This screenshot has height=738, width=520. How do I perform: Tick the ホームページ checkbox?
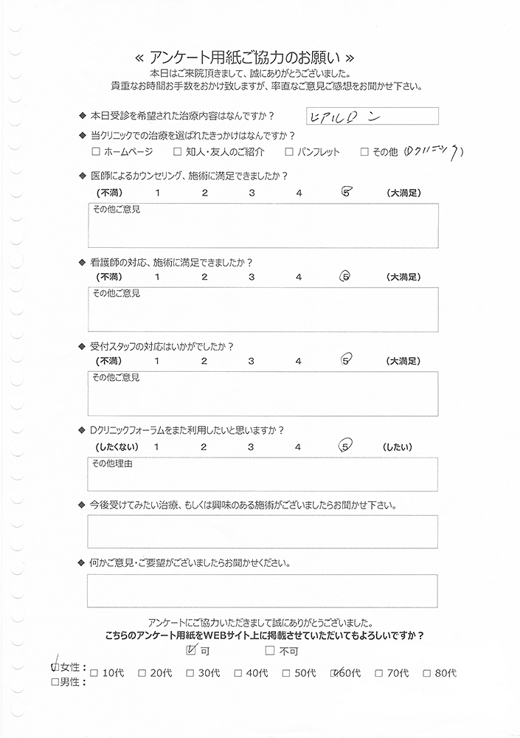tap(96, 153)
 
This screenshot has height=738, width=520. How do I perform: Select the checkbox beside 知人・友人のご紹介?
tap(178, 153)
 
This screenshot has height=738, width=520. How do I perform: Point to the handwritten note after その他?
tap(434, 151)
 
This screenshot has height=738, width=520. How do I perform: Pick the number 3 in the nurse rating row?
tap(252, 277)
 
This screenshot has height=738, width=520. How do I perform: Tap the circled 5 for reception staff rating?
tap(345, 361)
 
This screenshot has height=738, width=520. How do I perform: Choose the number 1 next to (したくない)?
tap(156, 447)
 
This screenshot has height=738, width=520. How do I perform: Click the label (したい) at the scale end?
tap(398, 447)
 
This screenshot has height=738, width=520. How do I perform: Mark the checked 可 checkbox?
tap(193, 650)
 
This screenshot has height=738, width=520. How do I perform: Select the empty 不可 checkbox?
tap(270, 651)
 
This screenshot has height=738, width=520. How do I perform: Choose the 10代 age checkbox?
tap(94, 673)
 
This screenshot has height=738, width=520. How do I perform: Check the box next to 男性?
tap(55, 683)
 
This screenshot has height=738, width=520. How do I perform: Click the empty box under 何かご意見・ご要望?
tap(262, 590)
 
